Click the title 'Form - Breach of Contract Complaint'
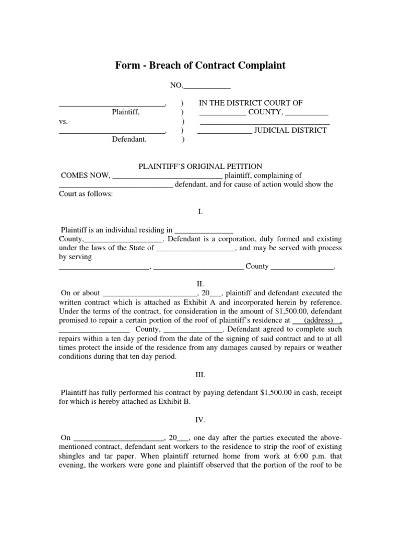[x=200, y=65]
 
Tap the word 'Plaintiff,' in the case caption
[x=126, y=112]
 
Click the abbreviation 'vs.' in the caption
[x=63, y=121]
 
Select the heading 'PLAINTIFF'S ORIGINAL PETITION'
[x=196, y=166]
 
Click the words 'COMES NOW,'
[x=86, y=176]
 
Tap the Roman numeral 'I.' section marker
[x=200, y=212]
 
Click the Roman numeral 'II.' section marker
[x=200, y=284]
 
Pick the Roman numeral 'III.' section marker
[x=200, y=375]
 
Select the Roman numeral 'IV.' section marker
[x=200, y=420]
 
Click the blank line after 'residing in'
[x=203, y=230]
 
